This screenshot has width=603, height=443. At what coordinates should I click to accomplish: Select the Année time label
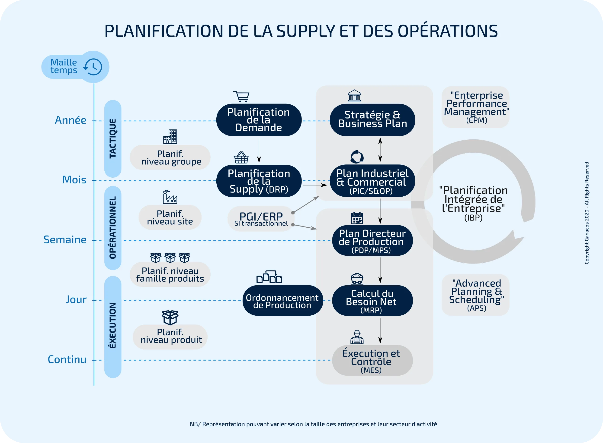coord(71,120)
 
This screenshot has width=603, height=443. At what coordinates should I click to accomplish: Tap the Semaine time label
coord(65,240)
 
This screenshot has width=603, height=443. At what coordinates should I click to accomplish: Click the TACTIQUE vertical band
coord(113,139)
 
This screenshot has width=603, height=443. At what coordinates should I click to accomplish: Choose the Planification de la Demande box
coord(259,120)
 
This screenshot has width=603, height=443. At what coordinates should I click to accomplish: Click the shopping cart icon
coord(241,97)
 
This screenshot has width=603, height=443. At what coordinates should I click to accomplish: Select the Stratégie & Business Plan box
coord(372,120)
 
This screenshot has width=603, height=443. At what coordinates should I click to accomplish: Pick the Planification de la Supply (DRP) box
coord(259,181)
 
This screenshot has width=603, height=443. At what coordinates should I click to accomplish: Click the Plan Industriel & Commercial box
coord(372,181)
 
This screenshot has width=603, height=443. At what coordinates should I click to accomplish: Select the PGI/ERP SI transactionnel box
coord(261,219)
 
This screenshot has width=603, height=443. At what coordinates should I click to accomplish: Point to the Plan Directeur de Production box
coord(372,241)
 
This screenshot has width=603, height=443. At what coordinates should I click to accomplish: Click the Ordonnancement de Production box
coord(282,301)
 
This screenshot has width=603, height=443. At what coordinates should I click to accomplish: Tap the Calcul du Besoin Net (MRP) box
coord(372,301)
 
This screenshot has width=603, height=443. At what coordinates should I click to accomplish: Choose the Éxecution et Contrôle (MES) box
coord(372,360)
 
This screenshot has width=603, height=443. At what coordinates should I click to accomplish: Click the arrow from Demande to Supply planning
coord(259,151)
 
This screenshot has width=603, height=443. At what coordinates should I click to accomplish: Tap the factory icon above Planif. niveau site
coord(170,197)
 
